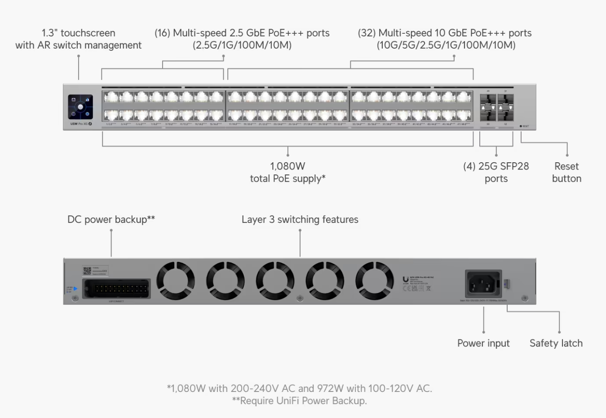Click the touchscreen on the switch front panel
pos(80,107)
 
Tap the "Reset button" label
pos(566,173)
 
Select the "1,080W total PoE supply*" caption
pos(288,173)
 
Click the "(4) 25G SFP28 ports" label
pos(496,173)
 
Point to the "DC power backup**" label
pos(111,219)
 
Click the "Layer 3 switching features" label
pos(300,219)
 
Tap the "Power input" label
pos(483,343)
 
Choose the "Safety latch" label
pos(556,343)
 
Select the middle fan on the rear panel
pos(275,281)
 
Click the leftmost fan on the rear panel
pos(175,281)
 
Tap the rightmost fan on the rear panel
pos(375,281)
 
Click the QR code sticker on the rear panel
pos(87,271)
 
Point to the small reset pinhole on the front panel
pos(521,126)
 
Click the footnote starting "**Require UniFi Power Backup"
pos(299,401)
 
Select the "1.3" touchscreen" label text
pos(78,33)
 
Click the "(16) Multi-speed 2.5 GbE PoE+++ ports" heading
pos(242,33)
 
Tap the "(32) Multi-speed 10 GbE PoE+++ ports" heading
pos(444,33)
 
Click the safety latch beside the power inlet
pos(507,284)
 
